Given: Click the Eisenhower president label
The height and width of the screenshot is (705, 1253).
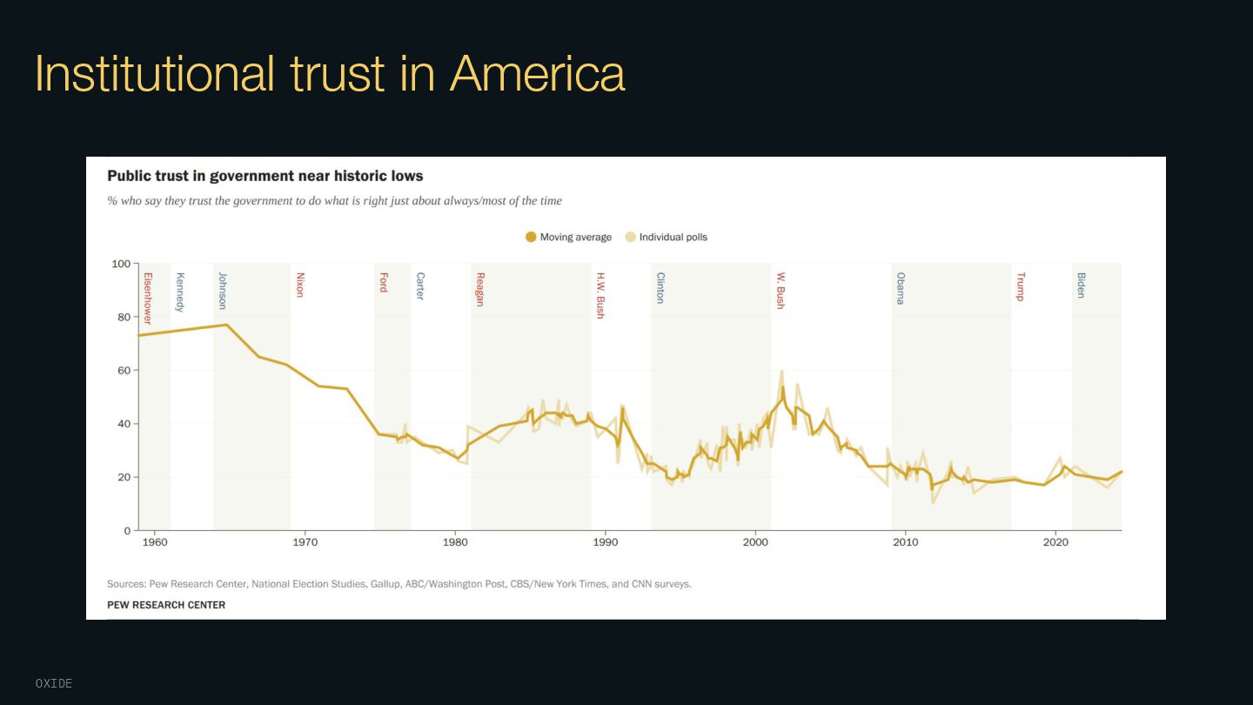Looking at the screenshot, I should click(x=148, y=299).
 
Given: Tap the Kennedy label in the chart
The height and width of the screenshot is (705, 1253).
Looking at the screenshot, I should click(x=180, y=292).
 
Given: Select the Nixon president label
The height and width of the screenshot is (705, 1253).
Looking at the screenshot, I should click(x=300, y=285).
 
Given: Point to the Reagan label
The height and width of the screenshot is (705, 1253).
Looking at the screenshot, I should click(x=480, y=289).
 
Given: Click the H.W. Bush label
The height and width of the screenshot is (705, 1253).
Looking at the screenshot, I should click(x=600, y=296).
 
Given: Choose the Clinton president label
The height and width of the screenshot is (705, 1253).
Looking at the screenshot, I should click(x=660, y=287).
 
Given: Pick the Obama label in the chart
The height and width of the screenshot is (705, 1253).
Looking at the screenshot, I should click(x=901, y=288).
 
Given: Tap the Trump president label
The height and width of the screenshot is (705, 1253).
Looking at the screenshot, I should click(x=1021, y=286).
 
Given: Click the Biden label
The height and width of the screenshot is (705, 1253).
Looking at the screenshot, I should click(x=1081, y=285).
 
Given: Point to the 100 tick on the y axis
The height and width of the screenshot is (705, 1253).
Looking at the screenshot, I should click(x=121, y=264).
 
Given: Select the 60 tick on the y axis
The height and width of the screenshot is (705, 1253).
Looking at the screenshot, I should click(x=124, y=371).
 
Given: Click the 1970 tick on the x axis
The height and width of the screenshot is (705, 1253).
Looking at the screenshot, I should click(x=305, y=542).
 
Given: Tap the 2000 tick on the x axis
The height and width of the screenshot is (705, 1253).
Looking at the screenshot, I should click(x=755, y=542).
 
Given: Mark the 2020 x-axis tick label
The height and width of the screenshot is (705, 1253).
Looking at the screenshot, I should click(x=1055, y=542).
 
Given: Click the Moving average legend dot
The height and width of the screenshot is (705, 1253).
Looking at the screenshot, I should click(x=531, y=237).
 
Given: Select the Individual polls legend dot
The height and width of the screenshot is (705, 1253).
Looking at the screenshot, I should click(x=631, y=237).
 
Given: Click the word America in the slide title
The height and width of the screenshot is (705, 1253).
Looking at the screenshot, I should click(x=537, y=73).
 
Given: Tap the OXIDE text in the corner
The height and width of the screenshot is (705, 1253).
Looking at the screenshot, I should click(x=54, y=684).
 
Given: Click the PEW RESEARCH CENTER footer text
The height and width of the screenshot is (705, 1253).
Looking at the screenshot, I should click(x=166, y=605).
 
